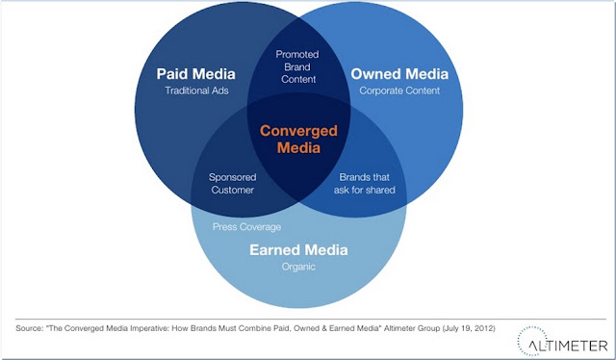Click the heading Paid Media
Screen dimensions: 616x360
point(195,74)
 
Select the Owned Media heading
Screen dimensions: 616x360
point(399,74)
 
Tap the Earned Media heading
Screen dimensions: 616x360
point(298,250)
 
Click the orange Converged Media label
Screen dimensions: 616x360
point(298,140)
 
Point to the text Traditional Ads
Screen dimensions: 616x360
point(196,90)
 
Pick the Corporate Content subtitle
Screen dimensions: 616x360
point(399,90)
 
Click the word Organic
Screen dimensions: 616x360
point(298,268)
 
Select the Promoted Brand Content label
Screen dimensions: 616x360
point(297,66)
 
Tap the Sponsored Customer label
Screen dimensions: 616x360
point(233,184)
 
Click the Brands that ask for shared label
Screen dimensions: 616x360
point(365,184)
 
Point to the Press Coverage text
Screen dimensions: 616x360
point(246,227)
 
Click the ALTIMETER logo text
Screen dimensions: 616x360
point(568,346)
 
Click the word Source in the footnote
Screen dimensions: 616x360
point(29,328)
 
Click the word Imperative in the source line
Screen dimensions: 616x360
point(149,328)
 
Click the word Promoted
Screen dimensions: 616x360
point(297,54)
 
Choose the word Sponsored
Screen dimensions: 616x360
point(233,178)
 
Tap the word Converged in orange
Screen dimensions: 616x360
point(298,131)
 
